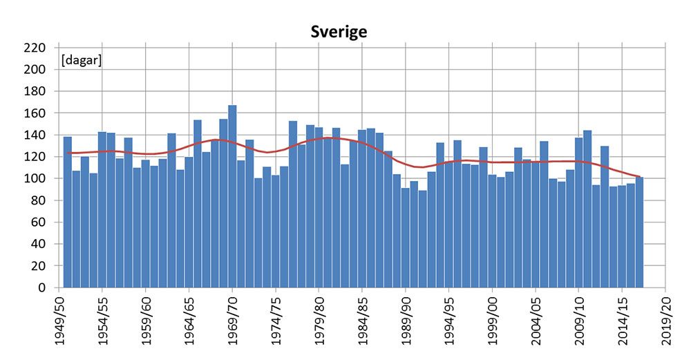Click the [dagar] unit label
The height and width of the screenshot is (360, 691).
pyautogui.click(x=82, y=61)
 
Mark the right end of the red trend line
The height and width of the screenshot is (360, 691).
pyautogui.click(x=640, y=177)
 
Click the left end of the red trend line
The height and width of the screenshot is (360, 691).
pyautogui.click(x=68, y=153)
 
